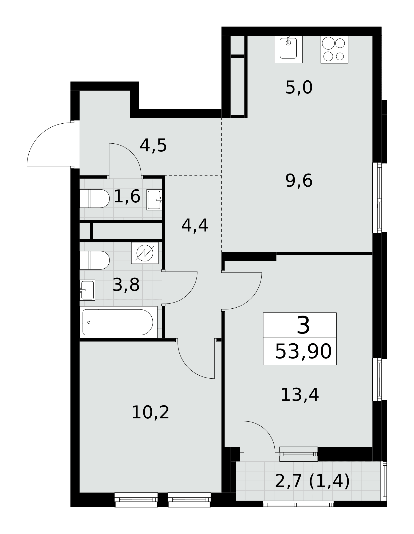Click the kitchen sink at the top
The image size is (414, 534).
[288, 49]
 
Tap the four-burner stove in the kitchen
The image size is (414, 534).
[334, 49]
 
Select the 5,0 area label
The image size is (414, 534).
[299, 88]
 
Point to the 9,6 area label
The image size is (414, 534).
[299, 181]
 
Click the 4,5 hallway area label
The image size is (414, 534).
[153, 146]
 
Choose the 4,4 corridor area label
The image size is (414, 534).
[195, 226]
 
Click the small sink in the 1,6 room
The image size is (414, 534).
[154, 200]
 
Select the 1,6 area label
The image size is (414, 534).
[127, 197]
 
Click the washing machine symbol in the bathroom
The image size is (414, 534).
[145, 253]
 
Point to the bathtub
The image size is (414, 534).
[118, 322]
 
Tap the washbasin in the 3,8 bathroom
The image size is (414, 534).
[87, 290]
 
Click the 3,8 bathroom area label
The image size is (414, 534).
[126, 285]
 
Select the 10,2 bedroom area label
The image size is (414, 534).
[150, 413]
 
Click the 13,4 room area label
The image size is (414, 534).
[300, 395]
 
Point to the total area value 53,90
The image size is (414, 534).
[303, 352]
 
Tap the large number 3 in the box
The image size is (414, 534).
[303, 325]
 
